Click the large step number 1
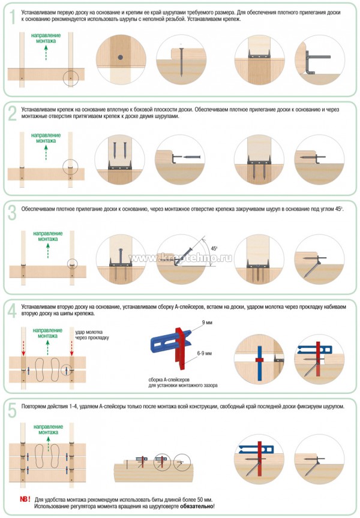pyautogui.click(x=10, y=16)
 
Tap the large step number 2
pyautogui.click(x=11, y=113)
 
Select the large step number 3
pyautogui.click(x=11, y=212)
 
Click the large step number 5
pyautogui.click(x=11, y=410)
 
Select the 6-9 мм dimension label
pyautogui.click(x=205, y=355)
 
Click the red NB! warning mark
pyautogui.click(x=25, y=499)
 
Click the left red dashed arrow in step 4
pyautogui.click(x=23, y=347)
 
